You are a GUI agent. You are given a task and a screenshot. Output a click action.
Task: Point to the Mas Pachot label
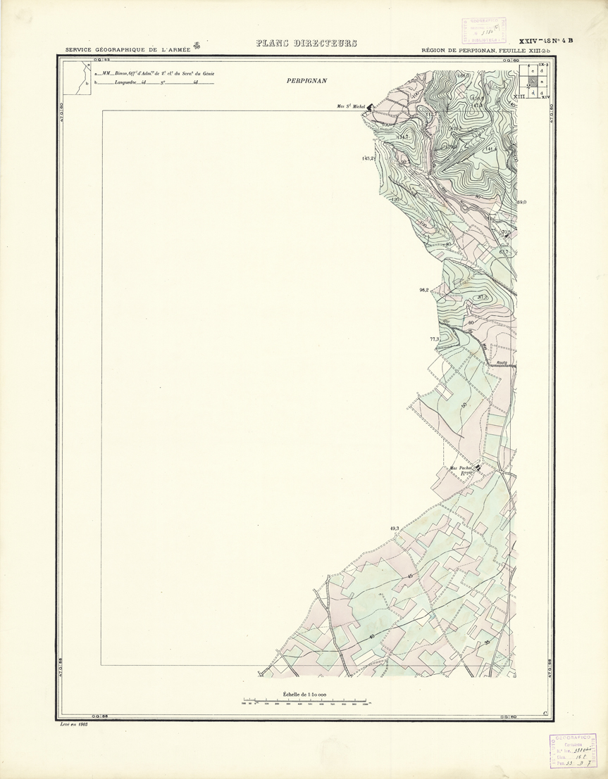461,468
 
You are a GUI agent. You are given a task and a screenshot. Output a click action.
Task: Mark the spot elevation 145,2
367,158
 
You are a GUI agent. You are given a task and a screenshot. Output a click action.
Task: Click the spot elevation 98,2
424,289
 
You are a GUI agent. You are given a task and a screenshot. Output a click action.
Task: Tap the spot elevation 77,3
434,339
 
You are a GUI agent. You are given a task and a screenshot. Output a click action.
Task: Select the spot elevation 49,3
394,528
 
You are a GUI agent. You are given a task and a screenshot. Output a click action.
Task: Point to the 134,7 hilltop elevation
404,136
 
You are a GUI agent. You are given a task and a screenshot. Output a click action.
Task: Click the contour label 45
409,576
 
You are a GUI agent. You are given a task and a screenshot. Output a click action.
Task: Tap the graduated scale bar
304,702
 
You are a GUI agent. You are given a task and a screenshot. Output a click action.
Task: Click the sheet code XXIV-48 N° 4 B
546,41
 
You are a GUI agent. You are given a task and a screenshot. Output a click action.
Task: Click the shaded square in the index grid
533,82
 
